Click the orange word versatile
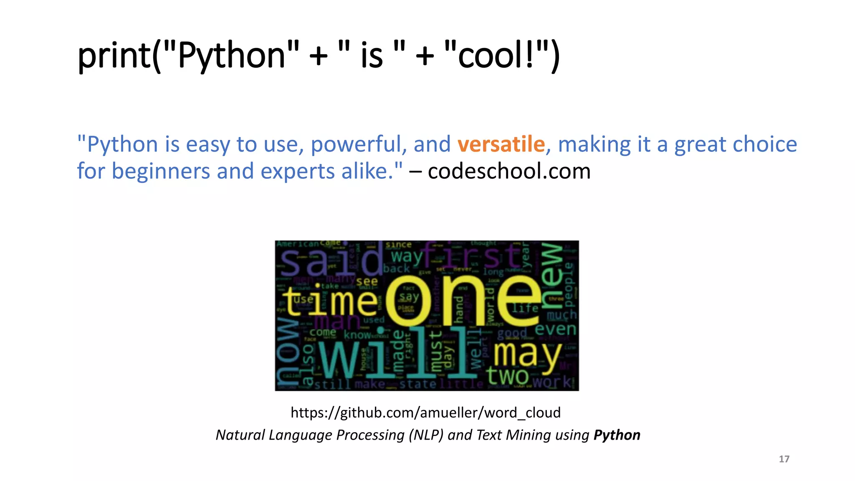click(501, 144)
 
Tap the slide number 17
click(784, 459)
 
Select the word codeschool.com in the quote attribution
click(509, 171)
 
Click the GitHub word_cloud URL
click(425, 413)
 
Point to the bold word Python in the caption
click(617, 435)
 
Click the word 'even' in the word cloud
click(555, 329)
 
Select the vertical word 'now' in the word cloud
click(287, 353)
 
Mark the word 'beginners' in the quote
click(161, 171)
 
